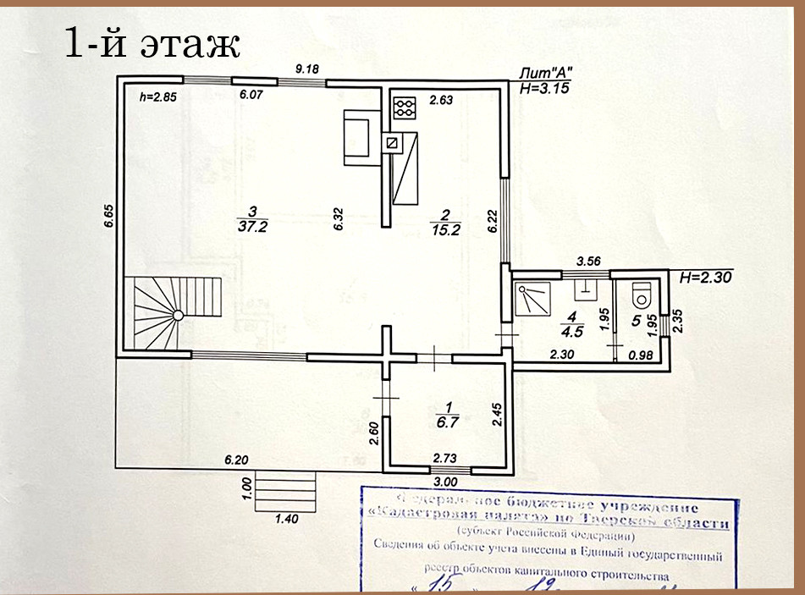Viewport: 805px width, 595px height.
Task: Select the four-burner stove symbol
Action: (405, 107)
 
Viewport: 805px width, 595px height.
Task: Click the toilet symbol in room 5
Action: (642, 295)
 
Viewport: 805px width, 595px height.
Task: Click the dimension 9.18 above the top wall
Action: (305, 69)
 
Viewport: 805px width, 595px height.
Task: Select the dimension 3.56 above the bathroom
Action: (588, 262)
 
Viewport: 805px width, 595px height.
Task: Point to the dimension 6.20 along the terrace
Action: (236, 460)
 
